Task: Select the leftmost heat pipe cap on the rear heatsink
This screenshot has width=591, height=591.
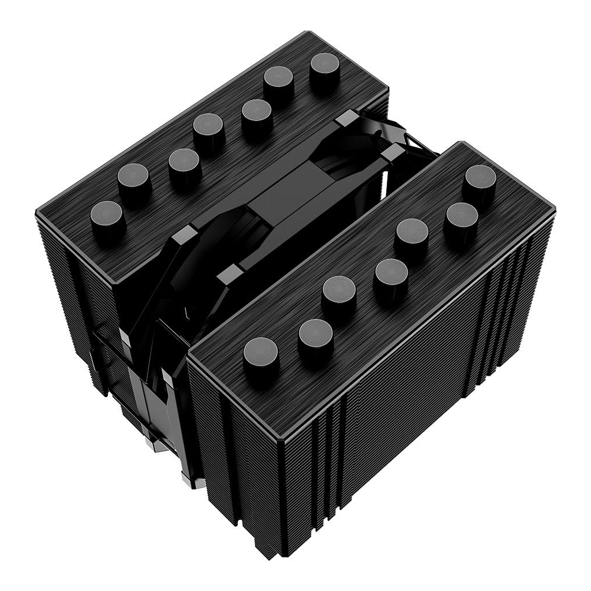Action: [x=107, y=217]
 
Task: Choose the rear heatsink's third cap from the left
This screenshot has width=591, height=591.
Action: [x=185, y=164]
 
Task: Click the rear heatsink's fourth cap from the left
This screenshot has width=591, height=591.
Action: [x=208, y=129]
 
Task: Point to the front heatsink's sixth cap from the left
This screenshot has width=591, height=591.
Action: [x=462, y=218]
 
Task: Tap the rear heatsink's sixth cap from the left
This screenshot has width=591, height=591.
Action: [x=281, y=82]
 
